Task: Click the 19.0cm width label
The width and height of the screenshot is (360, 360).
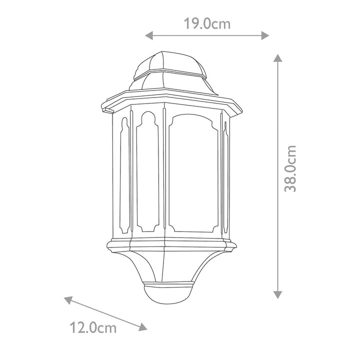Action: (x=207, y=24)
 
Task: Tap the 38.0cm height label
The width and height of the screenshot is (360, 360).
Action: (x=290, y=168)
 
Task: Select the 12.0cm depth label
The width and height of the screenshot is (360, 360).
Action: (x=93, y=328)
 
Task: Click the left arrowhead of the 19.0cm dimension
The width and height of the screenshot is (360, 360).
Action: (x=149, y=35)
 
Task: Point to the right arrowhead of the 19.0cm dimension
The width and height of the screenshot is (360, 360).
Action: (x=265, y=35)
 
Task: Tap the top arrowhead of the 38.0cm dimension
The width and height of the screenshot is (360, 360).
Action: (x=278, y=58)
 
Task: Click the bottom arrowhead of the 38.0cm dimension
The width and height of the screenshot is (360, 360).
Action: (x=278, y=294)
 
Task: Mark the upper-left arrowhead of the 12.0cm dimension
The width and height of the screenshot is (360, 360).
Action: (x=68, y=300)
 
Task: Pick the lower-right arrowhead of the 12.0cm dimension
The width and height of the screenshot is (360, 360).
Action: (x=143, y=327)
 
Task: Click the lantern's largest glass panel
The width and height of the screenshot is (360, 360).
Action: (x=193, y=173)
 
